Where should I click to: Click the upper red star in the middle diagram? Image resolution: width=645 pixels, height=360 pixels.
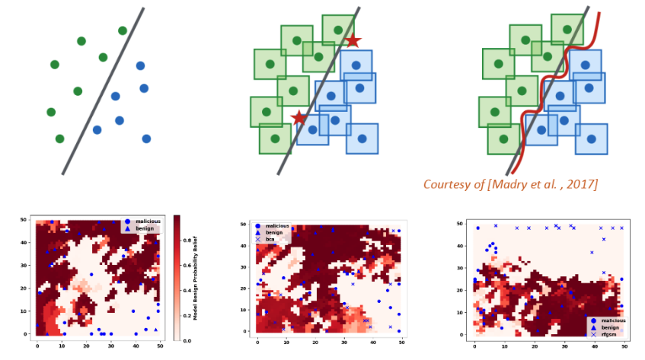(x=353, y=40)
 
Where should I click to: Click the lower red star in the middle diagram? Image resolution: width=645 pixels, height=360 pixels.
(x=299, y=118)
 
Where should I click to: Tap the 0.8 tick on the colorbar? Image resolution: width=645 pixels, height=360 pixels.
(x=183, y=238)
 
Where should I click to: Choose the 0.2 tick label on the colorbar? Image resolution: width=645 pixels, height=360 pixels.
(x=183, y=315)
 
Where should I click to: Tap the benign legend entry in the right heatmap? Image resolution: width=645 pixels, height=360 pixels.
(x=609, y=327)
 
